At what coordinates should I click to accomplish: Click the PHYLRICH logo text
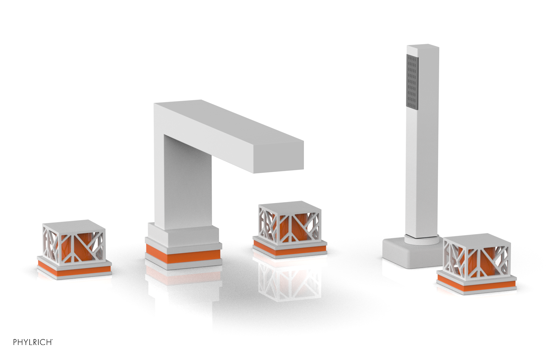click(33, 342)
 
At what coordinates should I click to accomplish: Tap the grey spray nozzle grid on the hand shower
click(412, 81)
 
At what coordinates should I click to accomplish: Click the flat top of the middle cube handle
click(289, 206)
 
